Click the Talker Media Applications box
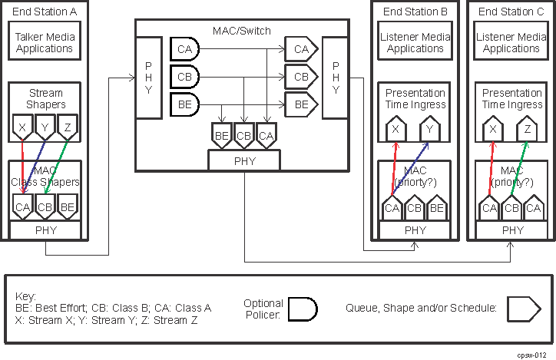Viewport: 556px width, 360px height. click(45, 42)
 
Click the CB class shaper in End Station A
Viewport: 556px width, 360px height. click(45, 206)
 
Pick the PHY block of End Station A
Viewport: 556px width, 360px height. click(45, 230)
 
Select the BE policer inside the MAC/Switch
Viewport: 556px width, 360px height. click(184, 104)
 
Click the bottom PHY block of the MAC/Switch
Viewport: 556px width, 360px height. click(243, 160)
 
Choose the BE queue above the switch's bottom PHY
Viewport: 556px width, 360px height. click(222, 136)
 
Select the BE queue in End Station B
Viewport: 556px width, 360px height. click(437, 208)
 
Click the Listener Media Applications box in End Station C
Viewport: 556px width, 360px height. click(511, 42)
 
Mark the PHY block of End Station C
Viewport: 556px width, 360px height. click(511, 230)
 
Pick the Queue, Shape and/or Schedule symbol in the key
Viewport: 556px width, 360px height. click(521, 309)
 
